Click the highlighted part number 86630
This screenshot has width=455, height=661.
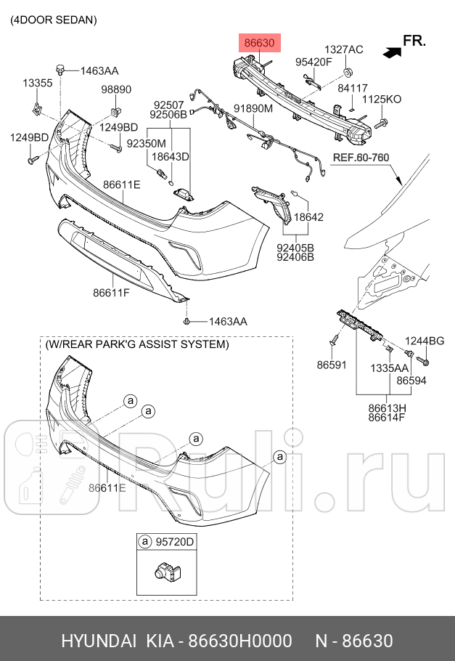tap(259, 44)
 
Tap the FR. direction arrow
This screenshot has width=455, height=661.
tap(393, 52)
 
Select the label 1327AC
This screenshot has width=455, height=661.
tap(343, 49)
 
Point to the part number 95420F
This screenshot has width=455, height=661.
tap(313, 62)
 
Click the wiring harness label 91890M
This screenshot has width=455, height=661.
tap(253, 109)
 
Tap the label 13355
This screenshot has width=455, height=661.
tap(38, 84)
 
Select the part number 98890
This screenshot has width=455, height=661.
tap(115, 89)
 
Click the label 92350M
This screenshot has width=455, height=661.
tap(146, 144)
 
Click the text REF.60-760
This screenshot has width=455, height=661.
tap(361, 157)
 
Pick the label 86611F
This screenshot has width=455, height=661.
tap(111, 293)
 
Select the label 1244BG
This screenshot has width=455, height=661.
tap(425, 341)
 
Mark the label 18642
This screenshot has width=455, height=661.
tap(308, 216)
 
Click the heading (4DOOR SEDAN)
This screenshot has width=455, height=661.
tap(53, 20)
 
